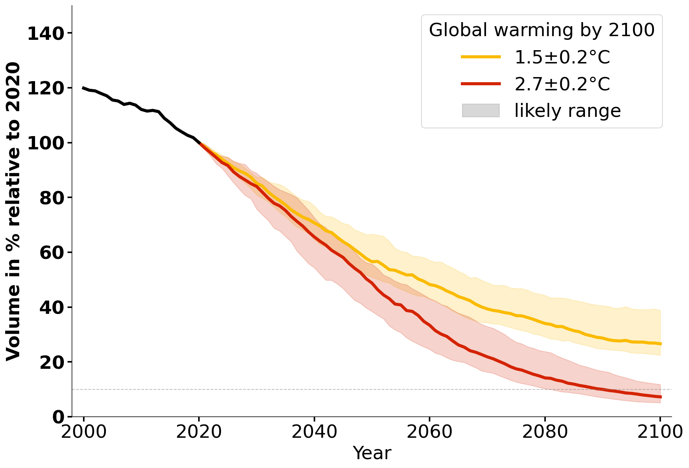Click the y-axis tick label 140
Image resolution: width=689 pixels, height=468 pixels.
(46, 34)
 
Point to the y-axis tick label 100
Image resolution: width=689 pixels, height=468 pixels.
(46, 143)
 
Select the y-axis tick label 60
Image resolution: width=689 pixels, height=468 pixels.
(52, 253)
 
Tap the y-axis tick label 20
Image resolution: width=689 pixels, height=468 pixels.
(52, 363)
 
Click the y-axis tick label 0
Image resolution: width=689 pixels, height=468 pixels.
(58, 417)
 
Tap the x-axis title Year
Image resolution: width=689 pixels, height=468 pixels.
(372, 453)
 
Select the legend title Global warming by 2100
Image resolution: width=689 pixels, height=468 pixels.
(542, 30)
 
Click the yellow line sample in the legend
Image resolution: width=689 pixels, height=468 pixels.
(480, 57)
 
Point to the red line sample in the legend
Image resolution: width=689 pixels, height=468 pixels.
(480, 84)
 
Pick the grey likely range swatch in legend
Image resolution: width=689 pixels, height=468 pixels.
(480, 111)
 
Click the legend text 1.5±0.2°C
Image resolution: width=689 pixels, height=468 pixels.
(562, 58)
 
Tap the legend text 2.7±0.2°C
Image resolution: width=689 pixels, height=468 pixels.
(562, 84)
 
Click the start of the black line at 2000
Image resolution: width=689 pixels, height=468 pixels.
(83, 88)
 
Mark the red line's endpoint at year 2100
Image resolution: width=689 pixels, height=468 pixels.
(660, 397)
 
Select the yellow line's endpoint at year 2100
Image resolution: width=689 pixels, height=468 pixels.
(660, 344)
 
